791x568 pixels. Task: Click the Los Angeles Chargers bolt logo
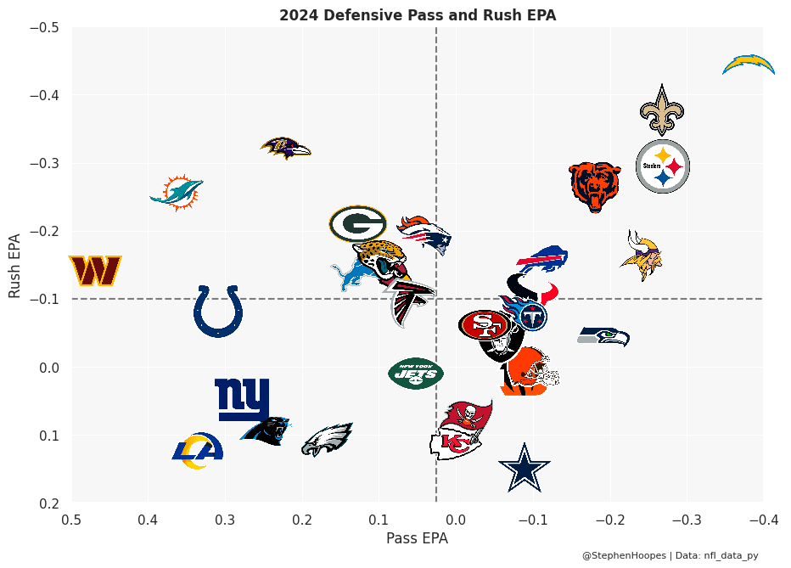point(749,65)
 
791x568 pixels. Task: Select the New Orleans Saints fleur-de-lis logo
point(662,110)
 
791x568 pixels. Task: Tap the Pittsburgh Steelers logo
point(663,166)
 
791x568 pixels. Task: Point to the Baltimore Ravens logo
point(286,148)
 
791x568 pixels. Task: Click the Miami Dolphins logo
point(177,194)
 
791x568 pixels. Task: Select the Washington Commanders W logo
point(95,271)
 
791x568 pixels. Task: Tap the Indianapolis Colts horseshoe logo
point(218,311)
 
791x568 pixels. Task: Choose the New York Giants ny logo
point(242,399)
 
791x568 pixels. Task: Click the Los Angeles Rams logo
point(198,450)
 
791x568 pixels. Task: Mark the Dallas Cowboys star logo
point(525,468)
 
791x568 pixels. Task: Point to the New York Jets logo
point(416,374)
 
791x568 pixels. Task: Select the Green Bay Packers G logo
point(357,224)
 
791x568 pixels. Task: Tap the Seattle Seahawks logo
point(603,336)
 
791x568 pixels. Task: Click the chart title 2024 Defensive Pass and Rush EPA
point(418,15)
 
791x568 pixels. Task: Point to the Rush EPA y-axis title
point(14,265)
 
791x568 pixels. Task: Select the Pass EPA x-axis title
point(417,538)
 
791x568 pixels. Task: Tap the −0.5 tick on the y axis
point(44,27)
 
